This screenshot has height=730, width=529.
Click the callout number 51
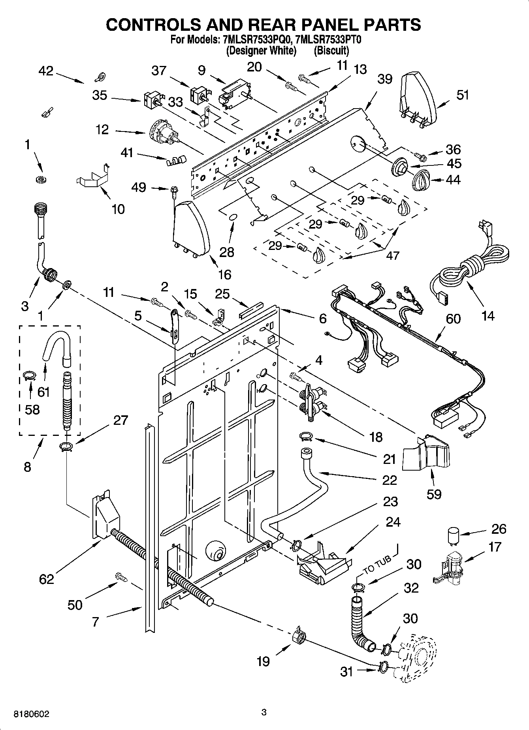click(x=462, y=95)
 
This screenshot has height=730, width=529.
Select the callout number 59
click(x=434, y=494)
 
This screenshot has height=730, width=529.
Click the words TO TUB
click(x=377, y=565)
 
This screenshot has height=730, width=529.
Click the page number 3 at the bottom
click(x=264, y=712)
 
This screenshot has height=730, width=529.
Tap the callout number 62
click(x=46, y=579)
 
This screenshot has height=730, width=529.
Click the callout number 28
click(x=226, y=252)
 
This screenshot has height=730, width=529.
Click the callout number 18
click(x=375, y=437)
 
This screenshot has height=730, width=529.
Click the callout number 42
click(x=46, y=71)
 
